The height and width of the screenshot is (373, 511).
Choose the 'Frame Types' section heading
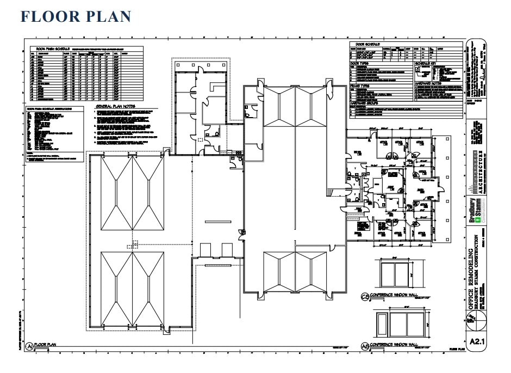tap(360, 85)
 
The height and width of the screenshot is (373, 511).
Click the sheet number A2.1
tap(477, 342)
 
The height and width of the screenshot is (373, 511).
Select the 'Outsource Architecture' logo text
tap(474, 174)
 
